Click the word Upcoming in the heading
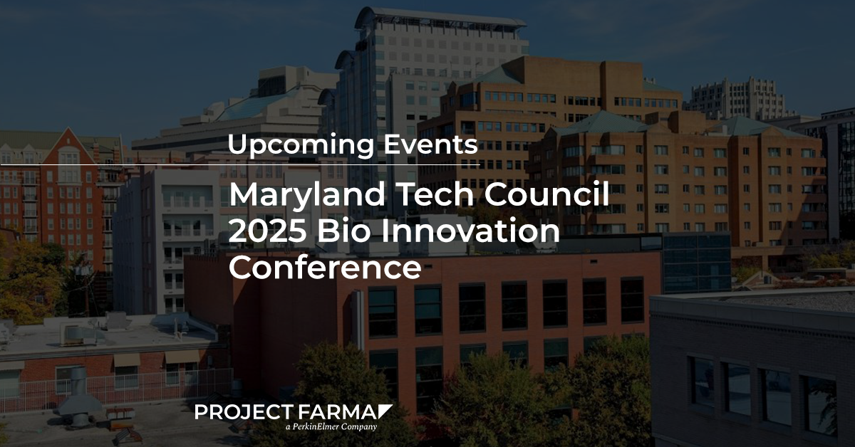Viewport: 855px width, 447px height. [x=301, y=146]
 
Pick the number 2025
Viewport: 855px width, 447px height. [x=268, y=230]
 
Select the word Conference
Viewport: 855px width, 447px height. [x=325, y=267]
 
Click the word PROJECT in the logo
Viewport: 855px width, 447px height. [x=244, y=412]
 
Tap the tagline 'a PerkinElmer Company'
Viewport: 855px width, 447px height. [x=331, y=427]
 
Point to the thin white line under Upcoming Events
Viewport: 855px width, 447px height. [x=240, y=164]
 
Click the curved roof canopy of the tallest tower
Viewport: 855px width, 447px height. [x=440, y=19]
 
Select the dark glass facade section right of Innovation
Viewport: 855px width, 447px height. [x=697, y=262]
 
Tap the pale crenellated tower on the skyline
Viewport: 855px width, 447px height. [x=735, y=98]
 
